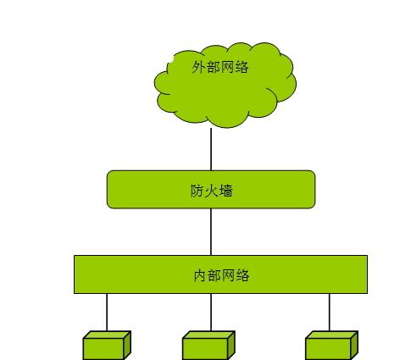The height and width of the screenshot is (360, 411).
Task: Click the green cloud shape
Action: (225, 86)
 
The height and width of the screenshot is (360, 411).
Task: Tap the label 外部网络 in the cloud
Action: (220, 67)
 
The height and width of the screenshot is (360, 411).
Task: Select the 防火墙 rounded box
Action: (211, 190)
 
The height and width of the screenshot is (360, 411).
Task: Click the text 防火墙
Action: (212, 191)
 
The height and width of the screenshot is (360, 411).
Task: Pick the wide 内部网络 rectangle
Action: (220, 274)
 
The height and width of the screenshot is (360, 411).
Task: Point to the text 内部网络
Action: (221, 275)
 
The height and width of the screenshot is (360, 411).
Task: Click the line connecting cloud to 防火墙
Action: (211, 149)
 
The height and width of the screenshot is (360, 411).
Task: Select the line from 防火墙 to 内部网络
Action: (211, 232)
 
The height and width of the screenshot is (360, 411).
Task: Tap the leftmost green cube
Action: (107, 346)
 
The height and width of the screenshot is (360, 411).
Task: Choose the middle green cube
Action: (208, 346)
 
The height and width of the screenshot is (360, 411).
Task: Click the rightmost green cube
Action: (332, 346)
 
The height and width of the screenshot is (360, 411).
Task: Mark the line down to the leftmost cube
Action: (107, 313)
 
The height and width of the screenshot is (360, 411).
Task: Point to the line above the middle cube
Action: (211, 313)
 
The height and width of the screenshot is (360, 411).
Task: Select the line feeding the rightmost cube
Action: (330, 313)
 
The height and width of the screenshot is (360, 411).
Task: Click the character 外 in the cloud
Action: (199, 67)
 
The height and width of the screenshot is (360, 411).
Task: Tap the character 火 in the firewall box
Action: (212, 191)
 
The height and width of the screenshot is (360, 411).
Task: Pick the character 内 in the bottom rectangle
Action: (200, 275)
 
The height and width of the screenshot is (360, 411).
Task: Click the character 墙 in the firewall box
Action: (226, 191)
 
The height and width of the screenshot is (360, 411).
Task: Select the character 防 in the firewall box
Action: (197, 191)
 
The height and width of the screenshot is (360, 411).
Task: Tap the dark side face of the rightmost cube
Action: (354, 346)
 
